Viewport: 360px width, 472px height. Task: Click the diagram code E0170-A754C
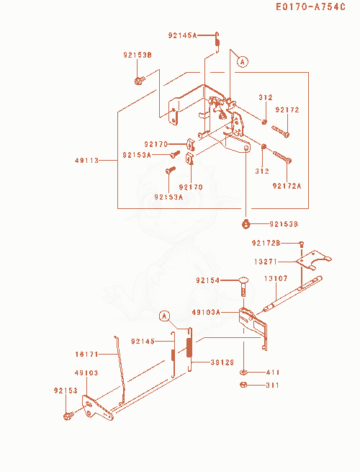[310, 6]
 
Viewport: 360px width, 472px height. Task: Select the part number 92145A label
[182, 35]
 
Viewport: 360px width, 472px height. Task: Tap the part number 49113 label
[86, 161]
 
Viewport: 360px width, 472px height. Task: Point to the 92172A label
[287, 186]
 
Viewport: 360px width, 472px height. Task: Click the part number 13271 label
[266, 262]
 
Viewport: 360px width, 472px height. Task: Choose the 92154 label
[208, 280]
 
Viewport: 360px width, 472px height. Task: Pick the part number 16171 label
[86, 355]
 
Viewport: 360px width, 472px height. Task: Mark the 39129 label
[222, 362]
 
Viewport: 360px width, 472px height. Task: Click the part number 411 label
[273, 373]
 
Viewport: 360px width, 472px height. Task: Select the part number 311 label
[272, 386]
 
